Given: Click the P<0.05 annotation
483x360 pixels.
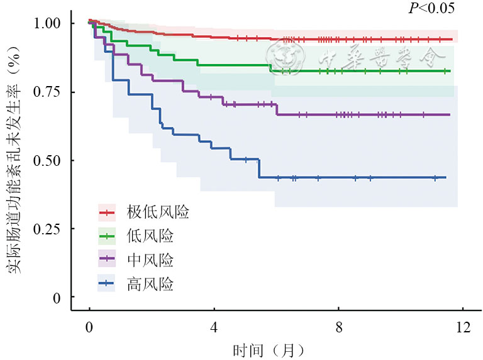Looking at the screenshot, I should coord(431,8).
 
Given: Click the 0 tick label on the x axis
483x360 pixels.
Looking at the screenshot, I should coord(89,327).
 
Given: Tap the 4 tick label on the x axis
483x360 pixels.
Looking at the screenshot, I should coord(214,327).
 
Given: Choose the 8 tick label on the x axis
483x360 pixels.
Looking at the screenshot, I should coord(338,327).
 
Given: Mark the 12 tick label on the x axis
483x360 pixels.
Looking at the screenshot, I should coord(462,327).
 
